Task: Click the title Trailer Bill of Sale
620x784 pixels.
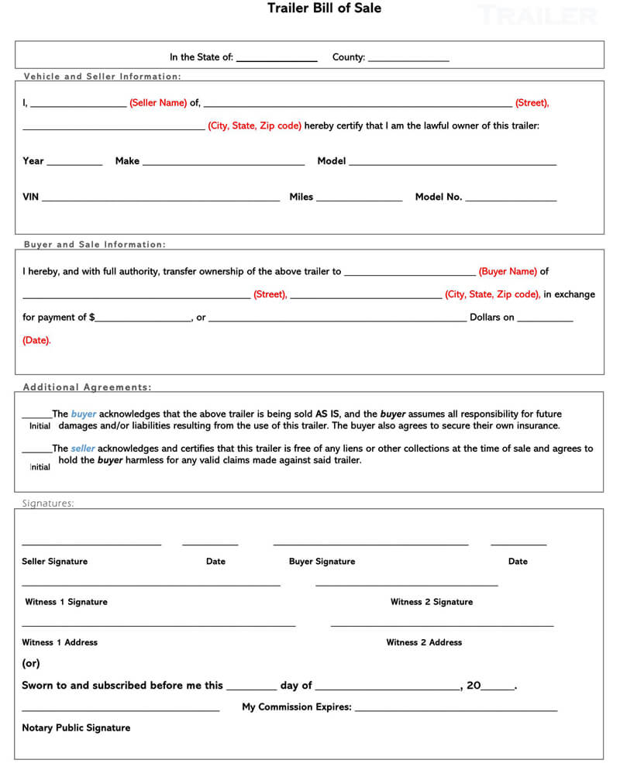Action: (x=324, y=9)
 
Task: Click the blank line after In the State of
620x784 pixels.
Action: (x=277, y=60)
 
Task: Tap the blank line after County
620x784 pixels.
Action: (x=408, y=60)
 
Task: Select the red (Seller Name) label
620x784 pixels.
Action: (x=158, y=103)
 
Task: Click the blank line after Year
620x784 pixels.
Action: (x=74, y=163)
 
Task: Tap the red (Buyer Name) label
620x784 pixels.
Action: (x=508, y=272)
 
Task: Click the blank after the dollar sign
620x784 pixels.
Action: (x=143, y=320)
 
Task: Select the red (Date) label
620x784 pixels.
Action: (x=36, y=340)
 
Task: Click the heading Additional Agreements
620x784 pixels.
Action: (x=87, y=387)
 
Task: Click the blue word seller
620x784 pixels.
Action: (x=83, y=449)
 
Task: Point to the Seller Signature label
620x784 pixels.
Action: (x=54, y=562)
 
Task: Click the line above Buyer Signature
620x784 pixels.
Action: (x=370, y=545)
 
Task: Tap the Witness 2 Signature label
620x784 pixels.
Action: (x=431, y=602)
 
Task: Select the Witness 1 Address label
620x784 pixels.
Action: (x=60, y=642)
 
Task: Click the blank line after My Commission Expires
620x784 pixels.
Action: (x=456, y=710)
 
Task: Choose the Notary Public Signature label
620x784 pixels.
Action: (x=76, y=728)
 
